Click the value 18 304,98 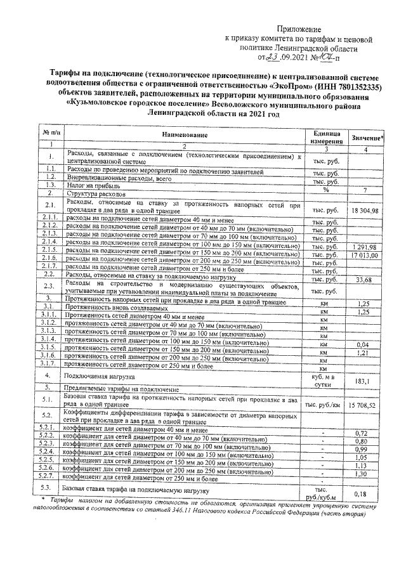[365, 210]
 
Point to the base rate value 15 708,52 [365, 404]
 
